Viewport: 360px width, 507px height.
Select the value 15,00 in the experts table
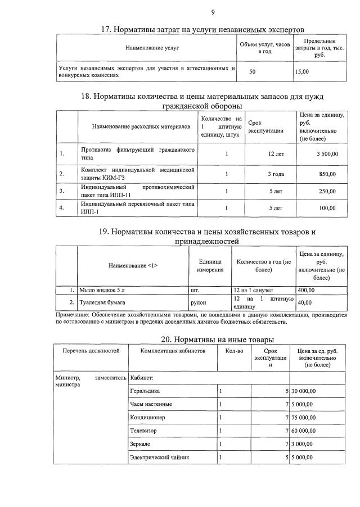tap(302, 72)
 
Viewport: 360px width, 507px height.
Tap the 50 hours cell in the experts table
tap(252, 72)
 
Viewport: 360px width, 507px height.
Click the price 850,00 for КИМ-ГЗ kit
tap(327, 174)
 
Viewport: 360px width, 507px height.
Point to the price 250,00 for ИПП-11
tap(327, 191)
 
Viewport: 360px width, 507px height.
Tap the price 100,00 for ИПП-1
tap(327, 208)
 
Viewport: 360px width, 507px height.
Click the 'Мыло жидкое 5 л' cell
tap(99, 290)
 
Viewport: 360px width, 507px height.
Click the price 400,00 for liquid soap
tap(306, 290)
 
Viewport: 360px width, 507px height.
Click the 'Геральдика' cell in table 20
tap(145, 391)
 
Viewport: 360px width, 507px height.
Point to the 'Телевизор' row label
tap(143, 431)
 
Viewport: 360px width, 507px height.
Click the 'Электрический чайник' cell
tap(160, 458)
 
